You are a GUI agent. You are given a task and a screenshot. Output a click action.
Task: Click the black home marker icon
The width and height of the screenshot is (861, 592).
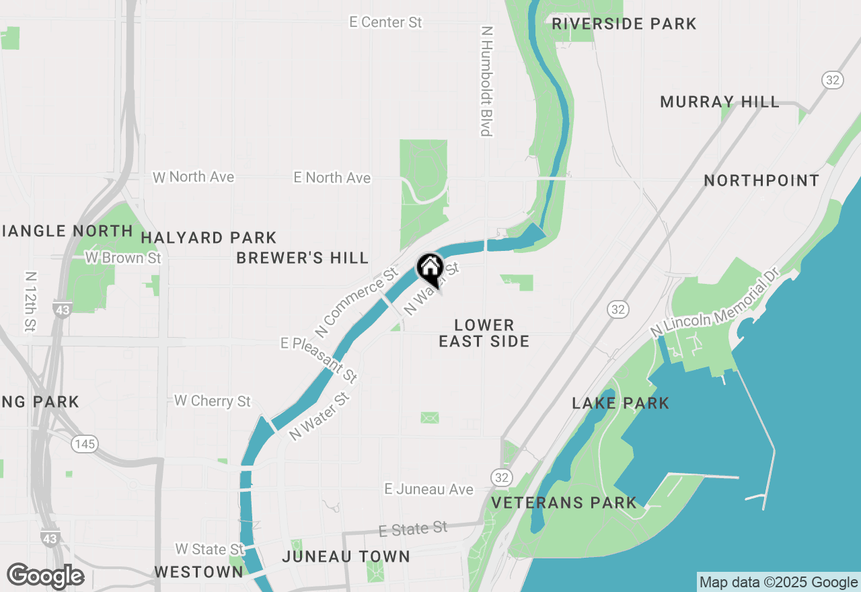tap(430, 270)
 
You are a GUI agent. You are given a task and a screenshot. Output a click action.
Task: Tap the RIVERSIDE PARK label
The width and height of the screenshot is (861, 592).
tap(624, 24)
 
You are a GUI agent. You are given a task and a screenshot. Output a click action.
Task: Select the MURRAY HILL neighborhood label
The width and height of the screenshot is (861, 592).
tap(720, 102)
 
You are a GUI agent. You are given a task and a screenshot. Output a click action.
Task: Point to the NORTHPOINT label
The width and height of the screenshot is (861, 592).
tap(761, 180)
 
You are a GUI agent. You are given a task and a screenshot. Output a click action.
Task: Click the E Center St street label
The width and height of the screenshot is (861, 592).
tap(385, 22)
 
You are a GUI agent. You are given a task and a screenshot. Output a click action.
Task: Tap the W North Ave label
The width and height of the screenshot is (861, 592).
tap(194, 177)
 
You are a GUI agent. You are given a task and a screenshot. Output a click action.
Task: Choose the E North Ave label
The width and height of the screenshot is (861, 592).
tap(332, 178)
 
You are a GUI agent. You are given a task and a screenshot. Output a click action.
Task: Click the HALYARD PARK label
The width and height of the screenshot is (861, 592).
tap(209, 237)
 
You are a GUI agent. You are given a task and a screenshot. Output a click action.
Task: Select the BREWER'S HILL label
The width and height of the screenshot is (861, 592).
tap(303, 258)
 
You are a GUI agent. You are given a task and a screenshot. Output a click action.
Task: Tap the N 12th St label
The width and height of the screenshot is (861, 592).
tap(30, 301)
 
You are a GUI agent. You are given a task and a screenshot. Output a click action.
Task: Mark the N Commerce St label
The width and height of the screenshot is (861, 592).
tap(357, 303)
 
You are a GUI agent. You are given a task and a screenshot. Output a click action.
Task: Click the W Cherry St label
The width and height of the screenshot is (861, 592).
tap(212, 401)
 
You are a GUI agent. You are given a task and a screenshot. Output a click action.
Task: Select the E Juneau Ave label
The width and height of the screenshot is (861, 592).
tap(429, 489)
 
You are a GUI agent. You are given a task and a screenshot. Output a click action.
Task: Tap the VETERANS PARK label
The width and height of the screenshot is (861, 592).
tap(564, 503)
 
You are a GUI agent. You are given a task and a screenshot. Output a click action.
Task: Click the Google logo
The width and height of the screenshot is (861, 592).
tap(45, 576)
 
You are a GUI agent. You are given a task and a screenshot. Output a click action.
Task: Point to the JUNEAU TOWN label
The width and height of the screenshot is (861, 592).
tap(346, 556)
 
